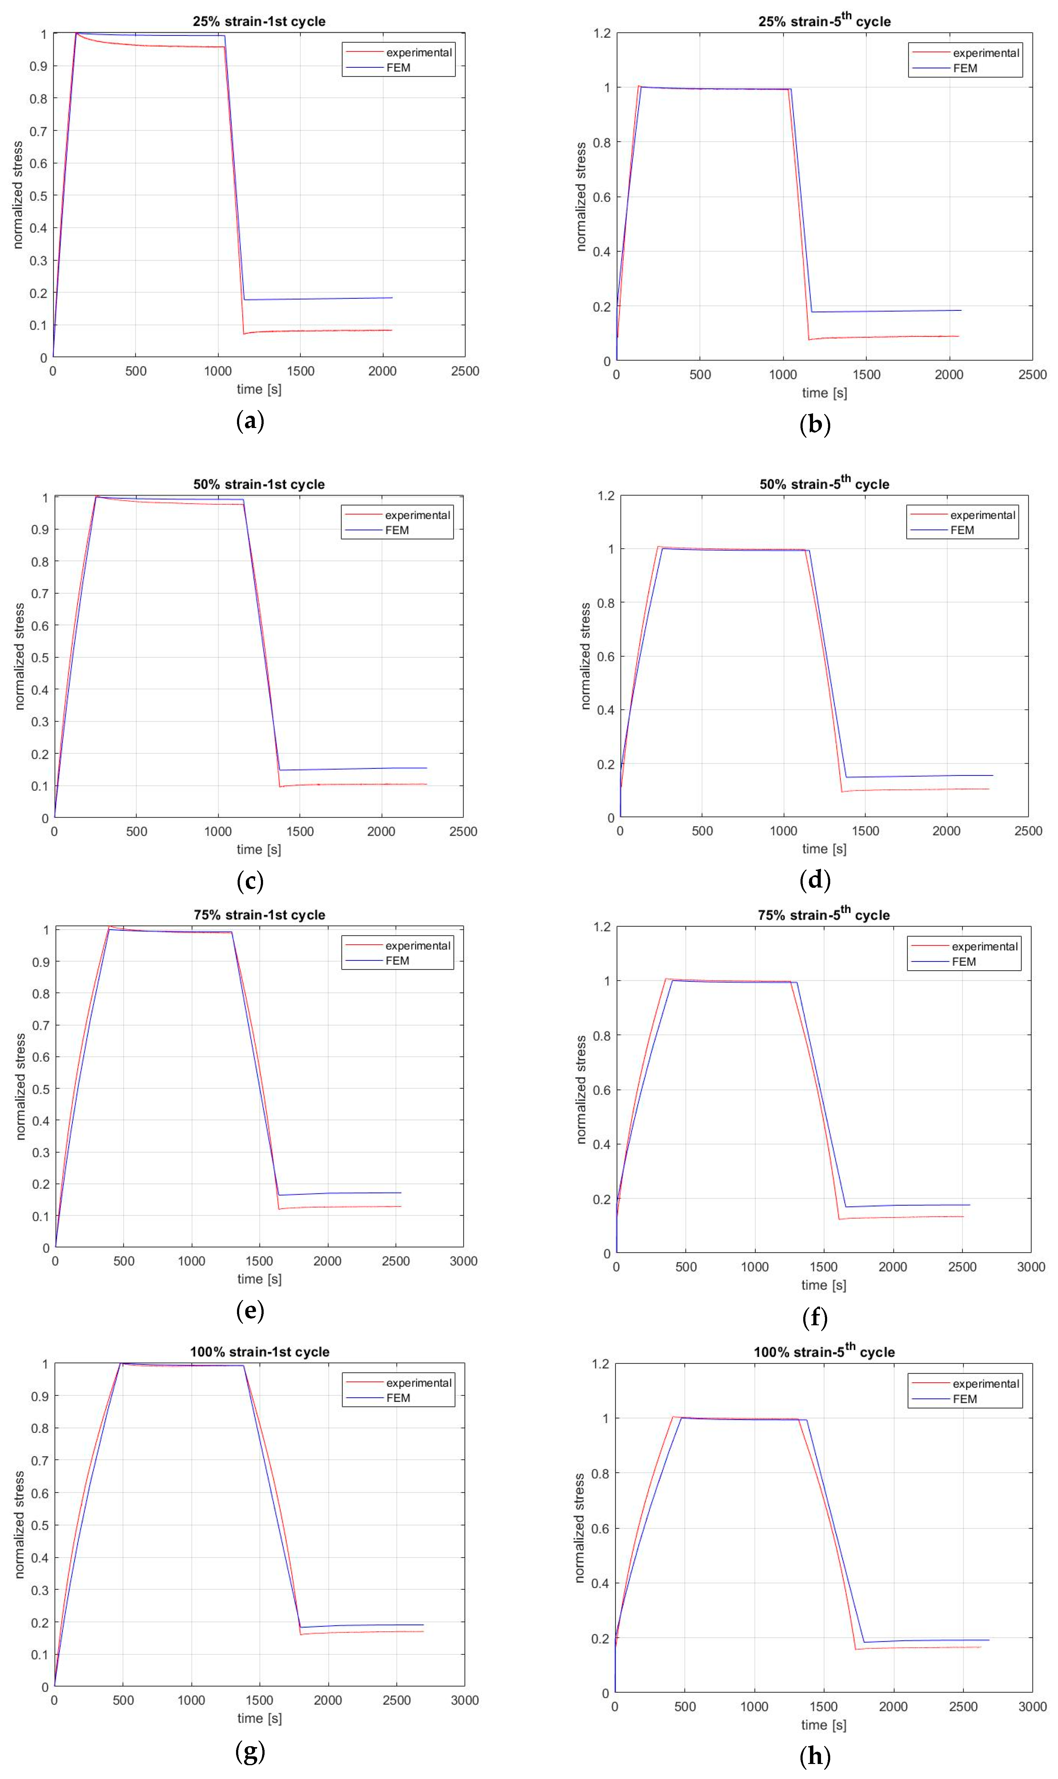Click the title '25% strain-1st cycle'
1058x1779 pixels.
pyautogui.click(x=259, y=21)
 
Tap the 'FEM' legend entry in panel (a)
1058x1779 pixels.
pyautogui.click(x=398, y=68)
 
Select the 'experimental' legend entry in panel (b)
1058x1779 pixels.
pyautogui.click(x=985, y=53)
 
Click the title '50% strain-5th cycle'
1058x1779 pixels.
pyautogui.click(x=824, y=484)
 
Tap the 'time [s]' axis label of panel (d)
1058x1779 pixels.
pyautogui.click(x=824, y=849)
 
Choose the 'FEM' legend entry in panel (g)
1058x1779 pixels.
pyautogui.click(x=398, y=1398)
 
